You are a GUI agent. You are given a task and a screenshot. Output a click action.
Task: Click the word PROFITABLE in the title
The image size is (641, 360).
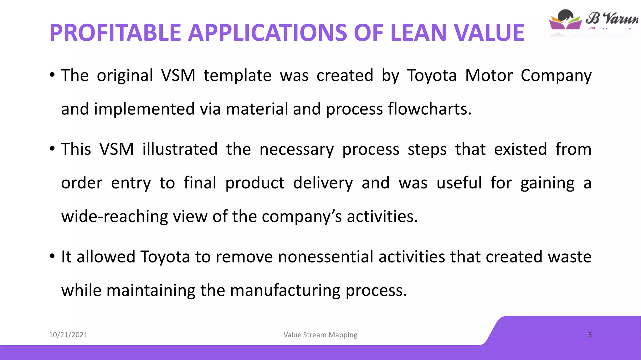click(115, 33)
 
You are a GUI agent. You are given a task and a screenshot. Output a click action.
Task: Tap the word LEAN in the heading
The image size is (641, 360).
click(419, 33)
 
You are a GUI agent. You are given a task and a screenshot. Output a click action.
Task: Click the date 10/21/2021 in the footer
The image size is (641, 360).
click(68, 335)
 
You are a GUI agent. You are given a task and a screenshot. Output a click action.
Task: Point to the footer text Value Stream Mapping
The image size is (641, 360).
click(320, 335)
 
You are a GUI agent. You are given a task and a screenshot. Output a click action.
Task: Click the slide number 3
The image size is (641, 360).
click(590, 335)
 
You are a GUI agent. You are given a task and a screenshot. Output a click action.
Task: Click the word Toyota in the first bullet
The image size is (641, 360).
click(432, 76)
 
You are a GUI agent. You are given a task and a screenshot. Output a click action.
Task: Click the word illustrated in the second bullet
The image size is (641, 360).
click(180, 149)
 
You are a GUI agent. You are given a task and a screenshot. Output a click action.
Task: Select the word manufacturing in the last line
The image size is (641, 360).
click(285, 291)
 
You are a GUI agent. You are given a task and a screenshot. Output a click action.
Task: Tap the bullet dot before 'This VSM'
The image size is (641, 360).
click(52, 149)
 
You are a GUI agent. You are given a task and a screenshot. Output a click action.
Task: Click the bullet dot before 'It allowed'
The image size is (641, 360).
click(52, 257)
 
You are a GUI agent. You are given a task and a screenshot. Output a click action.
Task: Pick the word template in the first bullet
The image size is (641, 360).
click(238, 76)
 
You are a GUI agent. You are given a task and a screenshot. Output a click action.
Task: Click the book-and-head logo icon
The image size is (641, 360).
click(565, 20)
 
